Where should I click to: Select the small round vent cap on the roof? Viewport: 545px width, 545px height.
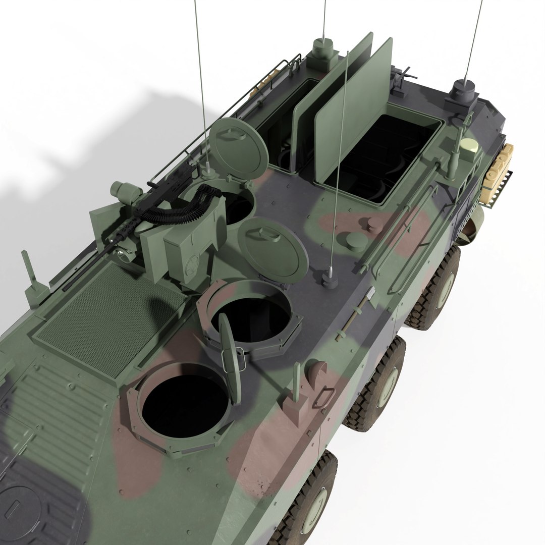click(356, 241)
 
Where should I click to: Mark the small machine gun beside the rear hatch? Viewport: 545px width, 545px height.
click(402, 78)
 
